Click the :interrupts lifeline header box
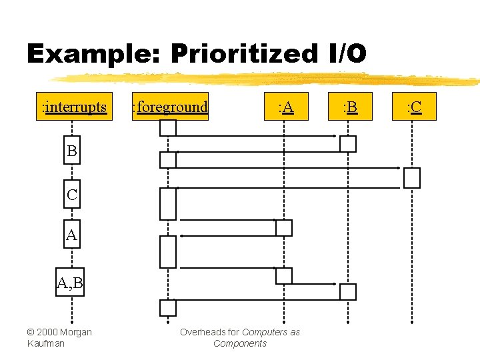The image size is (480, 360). (74, 107)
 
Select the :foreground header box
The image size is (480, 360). (170, 107)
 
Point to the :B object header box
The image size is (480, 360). (349, 107)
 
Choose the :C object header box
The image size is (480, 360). (414, 107)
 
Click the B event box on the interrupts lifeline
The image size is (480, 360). (71, 151)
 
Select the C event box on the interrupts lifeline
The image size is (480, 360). (71, 195)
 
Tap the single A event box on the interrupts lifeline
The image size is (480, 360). (71, 235)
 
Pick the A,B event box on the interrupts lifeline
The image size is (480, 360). (70, 284)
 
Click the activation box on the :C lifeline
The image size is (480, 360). (412, 177)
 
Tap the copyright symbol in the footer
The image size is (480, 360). (31, 332)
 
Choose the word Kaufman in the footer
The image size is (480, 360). (45, 343)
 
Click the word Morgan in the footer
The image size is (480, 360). (77, 332)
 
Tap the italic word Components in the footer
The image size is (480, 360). (240, 343)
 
